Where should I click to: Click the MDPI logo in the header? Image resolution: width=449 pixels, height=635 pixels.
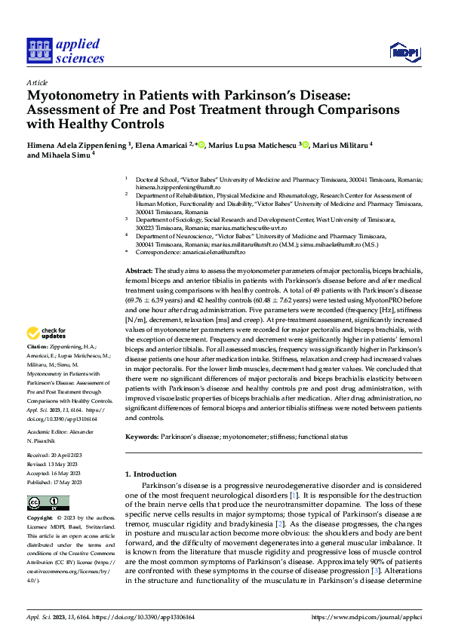(x=404, y=51)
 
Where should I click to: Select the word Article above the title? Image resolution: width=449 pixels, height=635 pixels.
(x=37, y=82)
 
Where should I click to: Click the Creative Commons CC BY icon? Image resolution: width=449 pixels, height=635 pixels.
(x=48, y=503)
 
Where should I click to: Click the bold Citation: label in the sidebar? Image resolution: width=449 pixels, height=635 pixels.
(x=38, y=346)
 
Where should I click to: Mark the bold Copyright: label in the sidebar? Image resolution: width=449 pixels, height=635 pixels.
(x=40, y=519)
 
